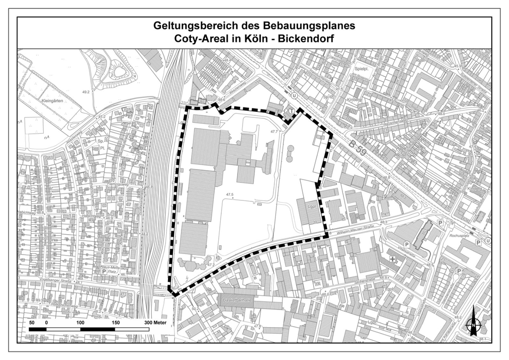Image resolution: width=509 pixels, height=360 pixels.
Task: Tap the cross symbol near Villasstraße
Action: click(x=393, y=260)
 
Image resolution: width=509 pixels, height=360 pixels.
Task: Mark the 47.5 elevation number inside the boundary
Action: click(x=230, y=194)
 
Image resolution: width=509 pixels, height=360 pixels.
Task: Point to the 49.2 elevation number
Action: click(x=85, y=92)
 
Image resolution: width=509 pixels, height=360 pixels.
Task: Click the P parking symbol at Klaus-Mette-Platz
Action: click(x=104, y=271)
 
